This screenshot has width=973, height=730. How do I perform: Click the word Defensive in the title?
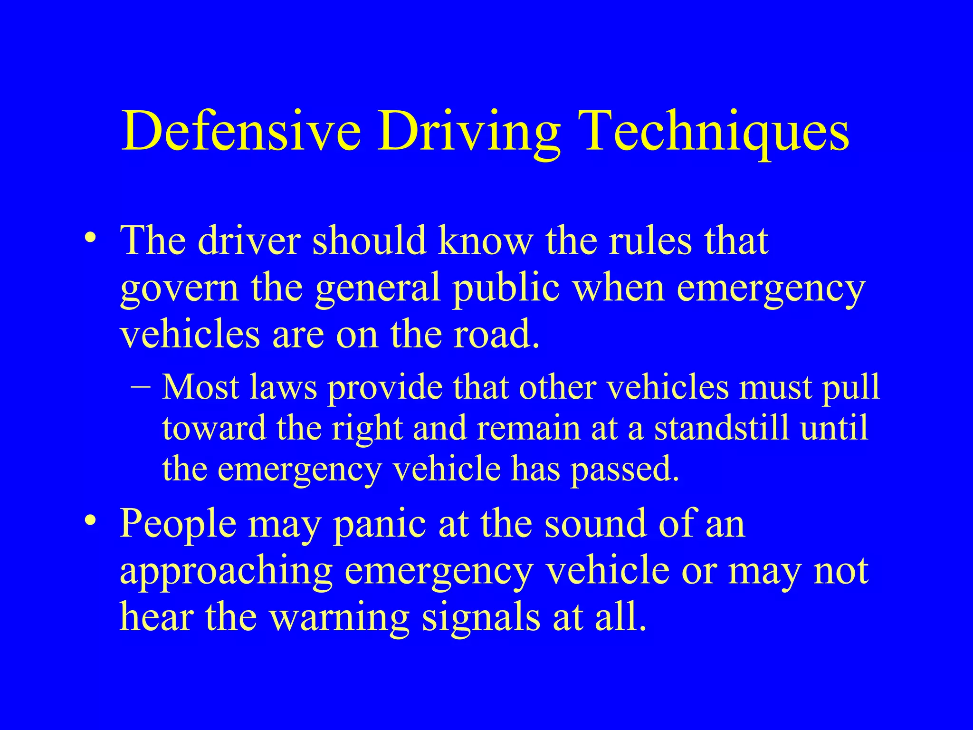pyautogui.click(x=240, y=131)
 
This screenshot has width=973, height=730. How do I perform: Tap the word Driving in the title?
pyautogui.click(x=468, y=131)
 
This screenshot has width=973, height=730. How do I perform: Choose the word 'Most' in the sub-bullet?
pyautogui.click(x=200, y=387)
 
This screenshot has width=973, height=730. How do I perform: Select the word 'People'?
pyautogui.click(x=178, y=524)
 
